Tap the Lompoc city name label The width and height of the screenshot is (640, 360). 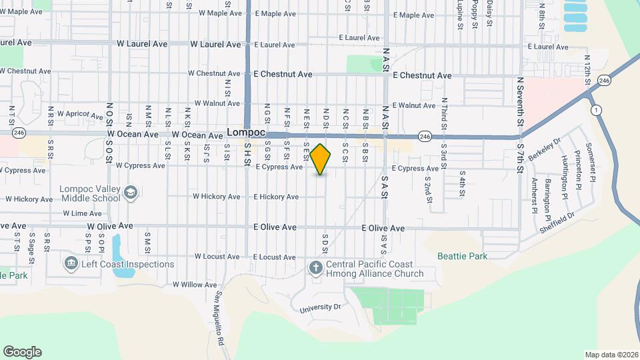246,132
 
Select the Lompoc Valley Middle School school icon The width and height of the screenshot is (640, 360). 131,193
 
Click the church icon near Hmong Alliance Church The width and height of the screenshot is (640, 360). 315,268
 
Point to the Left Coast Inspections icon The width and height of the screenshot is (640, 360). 71,264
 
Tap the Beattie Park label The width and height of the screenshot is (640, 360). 462,256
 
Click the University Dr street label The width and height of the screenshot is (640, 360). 320,308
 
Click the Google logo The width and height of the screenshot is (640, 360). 22,352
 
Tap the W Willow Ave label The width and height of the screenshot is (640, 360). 195,285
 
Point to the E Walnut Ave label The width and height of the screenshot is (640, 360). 413,105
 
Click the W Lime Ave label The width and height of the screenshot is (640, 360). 82,213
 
